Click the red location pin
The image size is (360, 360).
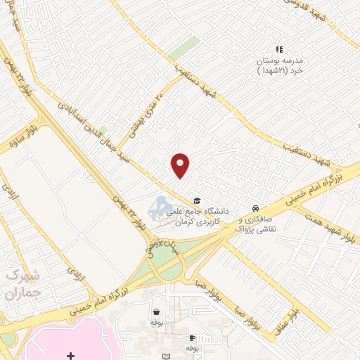point(181,165)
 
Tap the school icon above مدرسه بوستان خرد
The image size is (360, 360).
point(279,49)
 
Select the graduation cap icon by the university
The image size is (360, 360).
point(196,200)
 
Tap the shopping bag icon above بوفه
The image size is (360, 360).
point(155,311)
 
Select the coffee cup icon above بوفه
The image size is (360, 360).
point(191,338)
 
